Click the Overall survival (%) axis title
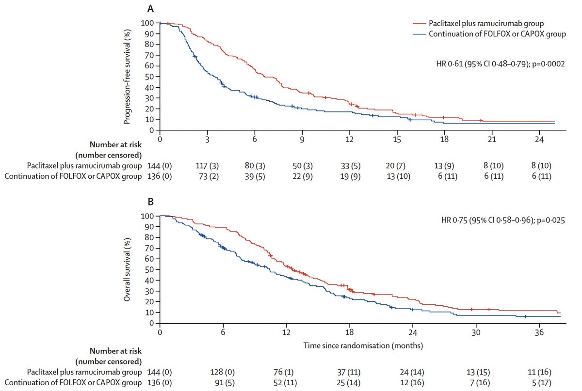(127, 269)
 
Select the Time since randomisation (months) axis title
(363, 345)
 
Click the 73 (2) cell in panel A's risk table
(206, 177)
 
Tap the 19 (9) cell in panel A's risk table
(350, 177)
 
